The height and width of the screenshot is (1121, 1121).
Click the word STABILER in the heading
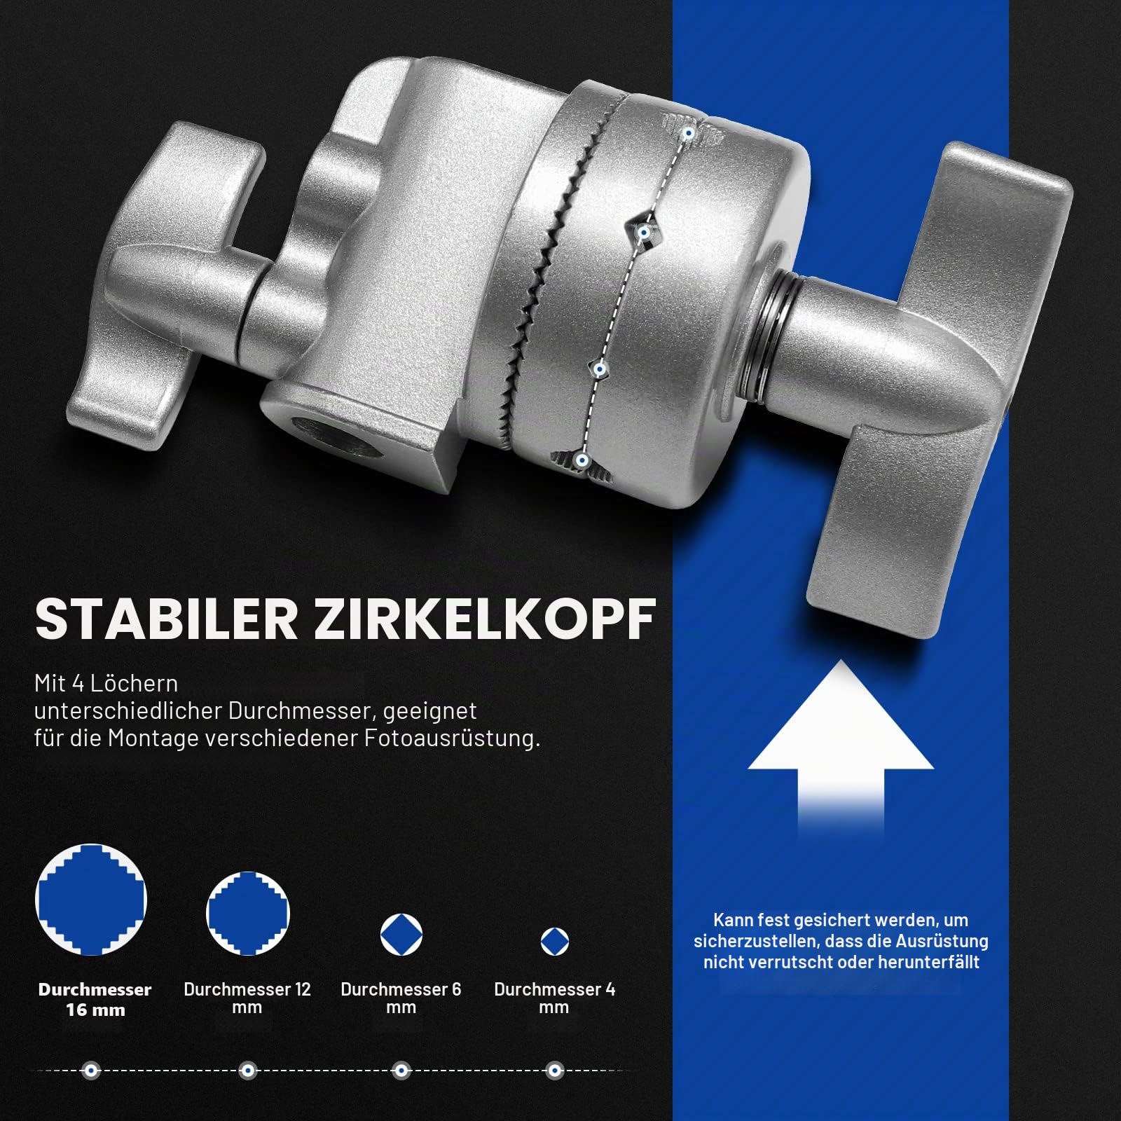pyautogui.click(x=167, y=619)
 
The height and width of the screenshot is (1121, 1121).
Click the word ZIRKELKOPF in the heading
pyautogui.click(x=485, y=619)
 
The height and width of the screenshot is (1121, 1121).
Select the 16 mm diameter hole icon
pyautogui.click(x=91, y=900)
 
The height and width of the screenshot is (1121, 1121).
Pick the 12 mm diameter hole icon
pyautogui.click(x=248, y=914)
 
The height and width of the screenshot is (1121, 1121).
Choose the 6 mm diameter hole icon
pyautogui.click(x=401, y=935)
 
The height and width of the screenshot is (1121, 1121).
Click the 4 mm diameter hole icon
pyautogui.click(x=555, y=942)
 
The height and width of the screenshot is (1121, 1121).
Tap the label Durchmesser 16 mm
pyautogui.click(x=95, y=1000)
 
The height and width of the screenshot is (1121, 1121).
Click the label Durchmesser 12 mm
pyautogui.click(x=247, y=998)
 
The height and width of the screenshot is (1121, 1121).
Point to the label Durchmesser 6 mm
pyautogui.click(x=401, y=998)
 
